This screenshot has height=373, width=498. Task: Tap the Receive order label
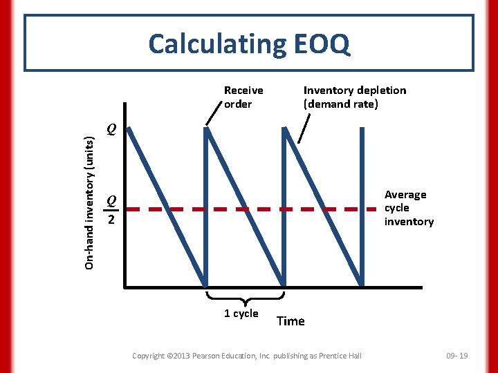pos(243,97)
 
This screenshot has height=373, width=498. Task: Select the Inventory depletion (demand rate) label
pos(355,97)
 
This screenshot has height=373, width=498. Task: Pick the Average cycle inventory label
pos(409,208)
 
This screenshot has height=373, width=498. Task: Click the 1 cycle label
pos(241,314)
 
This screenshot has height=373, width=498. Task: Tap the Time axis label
pos(290,321)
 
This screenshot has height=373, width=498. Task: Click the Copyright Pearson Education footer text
pos(246,355)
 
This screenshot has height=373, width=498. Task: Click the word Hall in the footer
pos(353,355)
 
